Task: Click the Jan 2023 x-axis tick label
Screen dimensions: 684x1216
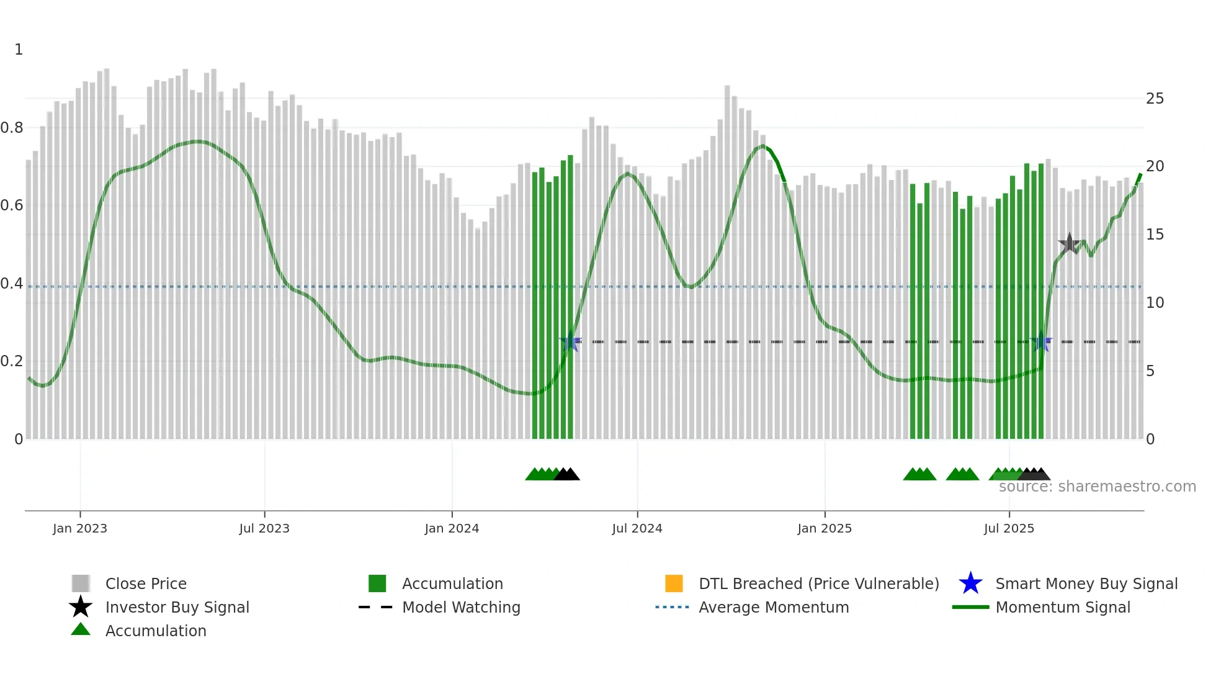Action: pos(80,528)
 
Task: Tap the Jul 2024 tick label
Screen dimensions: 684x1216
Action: pos(637,528)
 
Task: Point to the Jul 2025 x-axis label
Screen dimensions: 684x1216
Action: pos(1009,528)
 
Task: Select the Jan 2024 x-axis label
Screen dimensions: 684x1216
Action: pos(452,528)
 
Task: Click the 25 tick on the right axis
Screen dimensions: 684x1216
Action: pos(1155,99)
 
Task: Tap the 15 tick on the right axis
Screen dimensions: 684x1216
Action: pos(1155,235)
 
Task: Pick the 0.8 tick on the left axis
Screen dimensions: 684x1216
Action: pos(12,128)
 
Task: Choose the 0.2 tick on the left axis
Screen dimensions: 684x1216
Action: pos(12,361)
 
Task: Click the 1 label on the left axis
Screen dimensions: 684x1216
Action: pos(19,50)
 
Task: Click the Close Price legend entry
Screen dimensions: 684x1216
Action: pos(146,583)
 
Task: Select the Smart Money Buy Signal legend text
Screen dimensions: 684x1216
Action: pos(1086,583)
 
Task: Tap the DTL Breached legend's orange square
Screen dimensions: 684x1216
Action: pos(674,583)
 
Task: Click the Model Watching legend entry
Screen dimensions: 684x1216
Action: pos(461,607)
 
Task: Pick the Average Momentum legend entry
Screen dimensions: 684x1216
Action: pos(774,607)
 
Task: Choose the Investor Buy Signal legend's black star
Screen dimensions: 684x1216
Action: pos(81,607)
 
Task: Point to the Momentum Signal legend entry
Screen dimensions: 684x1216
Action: pos(1063,607)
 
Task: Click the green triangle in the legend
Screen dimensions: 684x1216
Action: pos(81,629)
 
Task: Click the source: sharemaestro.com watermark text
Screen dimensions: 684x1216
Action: pos(1097,487)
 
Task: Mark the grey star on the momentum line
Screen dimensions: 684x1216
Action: pos(1069,243)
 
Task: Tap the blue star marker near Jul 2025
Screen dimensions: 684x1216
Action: pos(1041,341)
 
